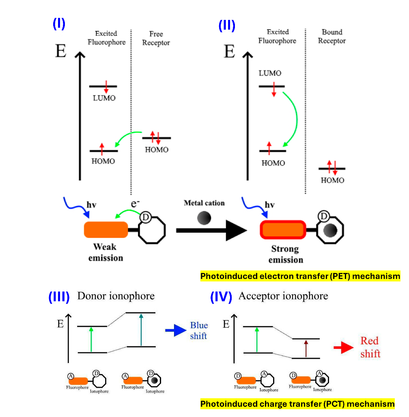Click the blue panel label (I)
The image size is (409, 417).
59,24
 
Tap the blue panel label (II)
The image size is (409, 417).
227,26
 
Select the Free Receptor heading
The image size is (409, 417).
156,38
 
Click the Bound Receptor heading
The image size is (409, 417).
332,36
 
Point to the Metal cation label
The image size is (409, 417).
204,203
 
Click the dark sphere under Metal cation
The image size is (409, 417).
204,218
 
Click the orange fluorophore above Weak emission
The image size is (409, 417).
106,229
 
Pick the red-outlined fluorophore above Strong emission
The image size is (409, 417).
282,230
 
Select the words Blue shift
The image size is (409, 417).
199,331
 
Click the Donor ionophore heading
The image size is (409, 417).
116,296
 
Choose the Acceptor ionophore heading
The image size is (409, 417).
283,296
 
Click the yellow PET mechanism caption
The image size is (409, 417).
300,277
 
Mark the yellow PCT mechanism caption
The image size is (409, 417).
297,404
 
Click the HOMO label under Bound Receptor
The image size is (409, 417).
332,180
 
